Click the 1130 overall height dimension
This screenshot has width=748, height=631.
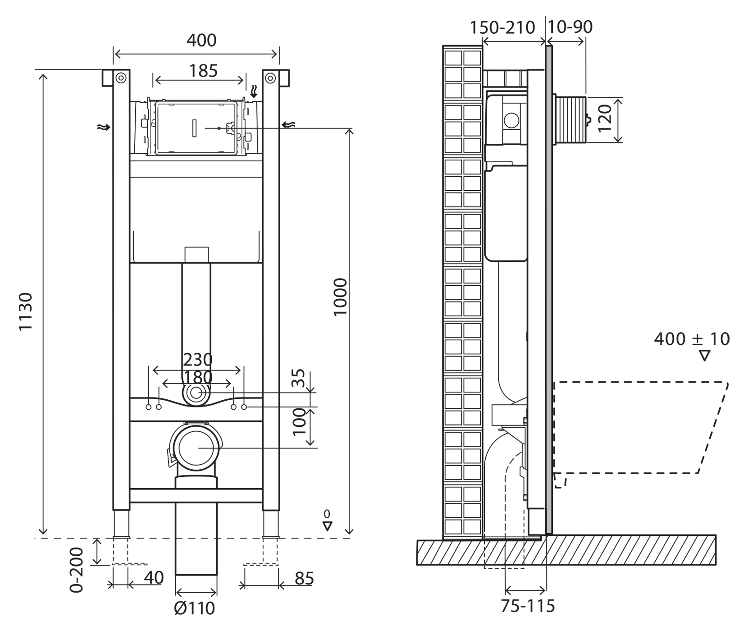(x=25, y=311)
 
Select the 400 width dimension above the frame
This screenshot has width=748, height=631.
(x=201, y=41)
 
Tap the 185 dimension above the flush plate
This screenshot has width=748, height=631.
(x=203, y=71)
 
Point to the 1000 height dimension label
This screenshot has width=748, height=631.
(x=341, y=297)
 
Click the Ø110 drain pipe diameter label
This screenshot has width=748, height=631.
(x=195, y=608)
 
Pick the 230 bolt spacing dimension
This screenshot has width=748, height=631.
(x=198, y=360)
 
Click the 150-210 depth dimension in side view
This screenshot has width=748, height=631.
(x=502, y=27)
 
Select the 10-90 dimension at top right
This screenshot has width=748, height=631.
(x=570, y=27)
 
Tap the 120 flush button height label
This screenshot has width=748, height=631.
(x=605, y=118)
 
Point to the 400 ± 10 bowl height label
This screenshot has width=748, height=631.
(x=692, y=339)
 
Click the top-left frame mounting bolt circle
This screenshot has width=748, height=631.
(x=120, y=78)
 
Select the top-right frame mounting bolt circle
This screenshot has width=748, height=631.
(x=270, y=78)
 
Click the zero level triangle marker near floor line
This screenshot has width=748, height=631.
(x=328, y=526)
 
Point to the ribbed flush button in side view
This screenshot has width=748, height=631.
(x=571, y=120)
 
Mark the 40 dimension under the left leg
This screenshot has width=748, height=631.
(x=153, y=578)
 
